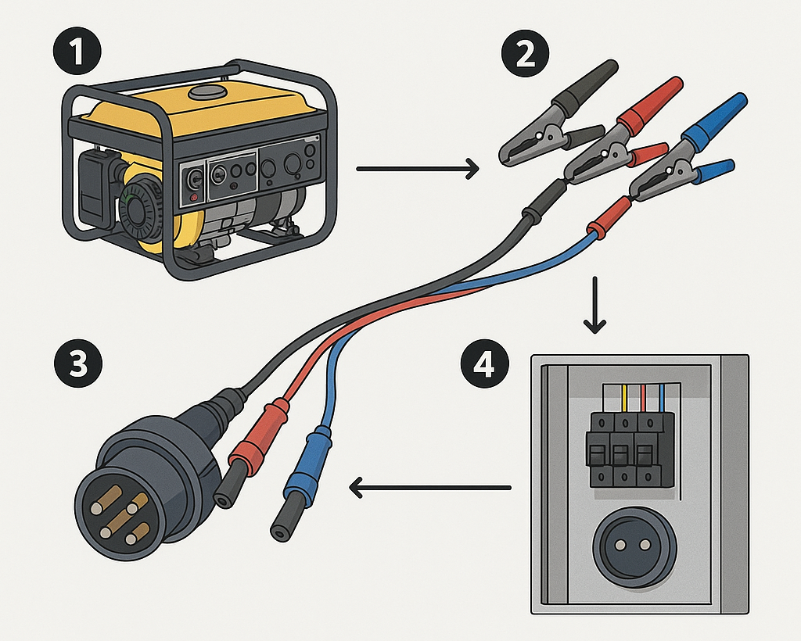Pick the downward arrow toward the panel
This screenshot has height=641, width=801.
tap(597, 304)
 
